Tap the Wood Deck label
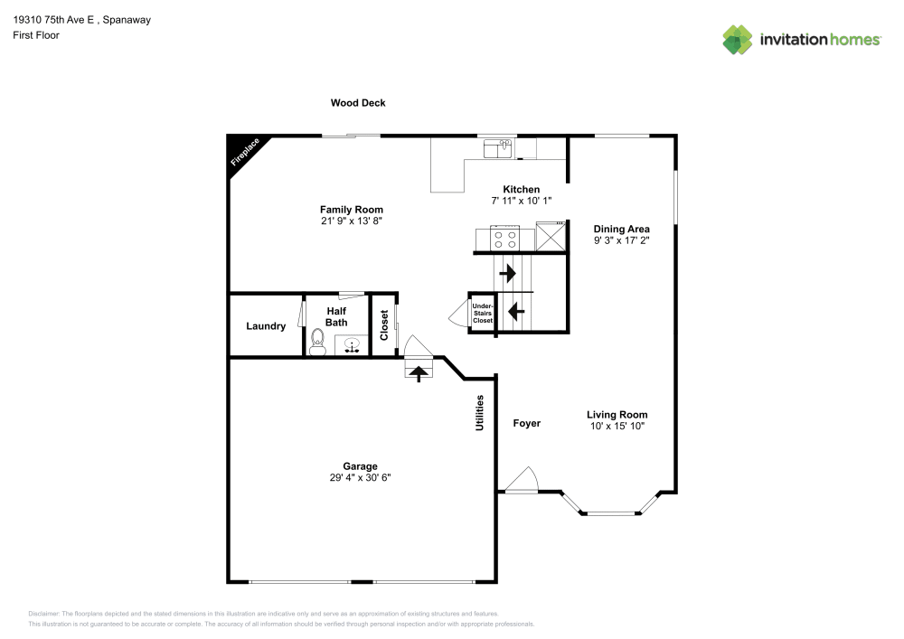click(x=358, y=103)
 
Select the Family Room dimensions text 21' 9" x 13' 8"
click(x=352, y=221)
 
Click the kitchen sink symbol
click(x=497, y=147)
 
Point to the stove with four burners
click(x=504, y=239)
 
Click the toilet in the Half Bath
click(x=317, y=340)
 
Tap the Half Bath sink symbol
click(x=351, y=344)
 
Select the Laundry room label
click(x=266, y=326)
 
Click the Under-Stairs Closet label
click(x=483, y=314)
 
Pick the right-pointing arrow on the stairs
click(x=507, y=271)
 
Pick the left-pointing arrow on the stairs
click(x=515, y=312)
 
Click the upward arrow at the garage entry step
click(x=419, y=371)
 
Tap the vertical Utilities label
click(x=480, y=412)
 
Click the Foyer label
click(x=527, y=423)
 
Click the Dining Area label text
click(x=621, y=229)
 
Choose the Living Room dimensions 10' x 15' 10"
click(x=617, y=425)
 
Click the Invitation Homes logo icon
click(x=737, y=39)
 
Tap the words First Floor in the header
click(x=36, y=35)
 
